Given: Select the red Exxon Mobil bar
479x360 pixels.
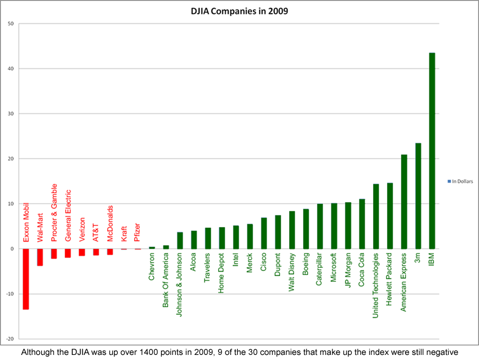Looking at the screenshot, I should [x=26, y=279].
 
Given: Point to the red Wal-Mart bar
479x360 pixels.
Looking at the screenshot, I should [x=40, y=257].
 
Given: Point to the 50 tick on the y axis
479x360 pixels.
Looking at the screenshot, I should [x=11, y=24].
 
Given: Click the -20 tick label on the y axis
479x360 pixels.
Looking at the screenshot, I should [x=10, y=339].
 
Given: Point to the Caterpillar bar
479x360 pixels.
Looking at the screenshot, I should [x=320, y=226].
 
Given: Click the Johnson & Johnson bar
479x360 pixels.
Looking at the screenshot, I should [x=180, y=240].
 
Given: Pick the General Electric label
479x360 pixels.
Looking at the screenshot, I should [x=68, y=215].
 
